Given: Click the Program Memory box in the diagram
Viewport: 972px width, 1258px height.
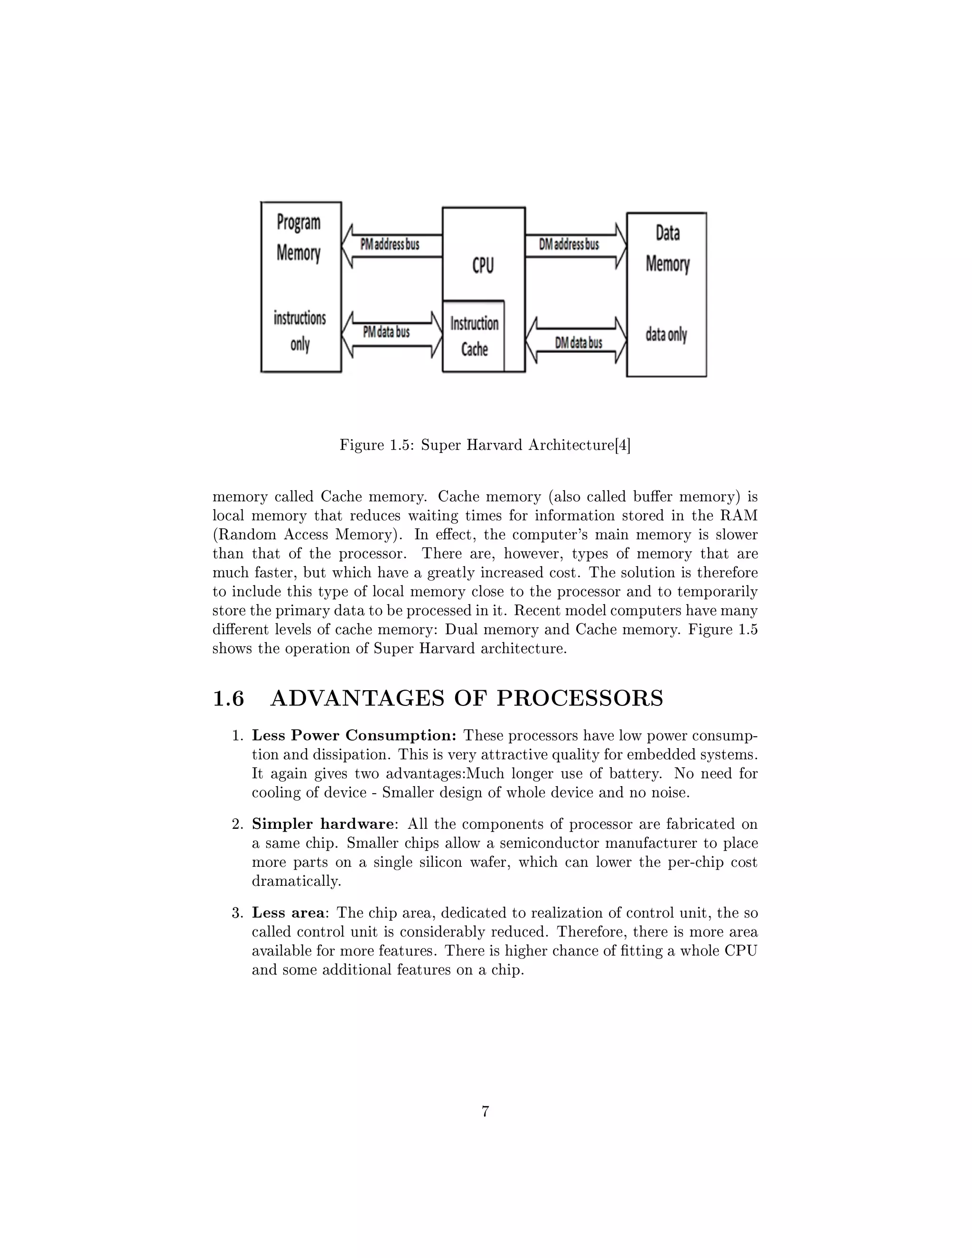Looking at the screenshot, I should click(x=300, y=286).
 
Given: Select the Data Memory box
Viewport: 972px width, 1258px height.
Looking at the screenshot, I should click(x=666, y=294).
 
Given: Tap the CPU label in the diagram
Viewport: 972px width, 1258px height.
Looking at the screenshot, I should click(x=483, y=265).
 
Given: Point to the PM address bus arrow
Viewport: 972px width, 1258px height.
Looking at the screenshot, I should click(x=392, y=245).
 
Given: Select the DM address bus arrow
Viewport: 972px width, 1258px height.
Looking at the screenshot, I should click(x=576, y=245).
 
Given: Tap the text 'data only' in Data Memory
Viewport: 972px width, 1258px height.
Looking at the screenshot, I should click(x=666, y=335).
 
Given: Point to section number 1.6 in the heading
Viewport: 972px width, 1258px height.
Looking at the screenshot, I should click(x=229, y=699).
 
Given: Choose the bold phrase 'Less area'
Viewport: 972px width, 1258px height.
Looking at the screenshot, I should click(x=288, y=913).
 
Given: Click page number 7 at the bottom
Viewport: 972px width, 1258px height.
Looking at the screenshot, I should click(x=486, y=1112).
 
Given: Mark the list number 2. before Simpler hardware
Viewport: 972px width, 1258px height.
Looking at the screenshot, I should click(x=237, y=824).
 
